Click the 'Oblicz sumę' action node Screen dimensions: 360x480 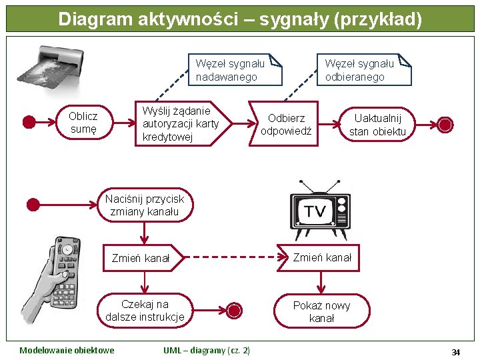click(83, 123)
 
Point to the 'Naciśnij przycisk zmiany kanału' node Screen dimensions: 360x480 click(144, 205)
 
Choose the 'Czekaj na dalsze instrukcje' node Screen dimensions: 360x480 click(145, 311)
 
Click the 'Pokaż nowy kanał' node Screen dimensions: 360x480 click(321, 311)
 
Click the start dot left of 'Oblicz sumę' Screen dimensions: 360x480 click(29, 123)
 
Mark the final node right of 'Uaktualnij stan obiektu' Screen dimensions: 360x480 click(445, 125)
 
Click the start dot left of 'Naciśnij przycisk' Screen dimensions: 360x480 click(32, 205)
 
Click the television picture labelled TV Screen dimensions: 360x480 click(319, 211)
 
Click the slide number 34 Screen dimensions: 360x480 click(456, 352)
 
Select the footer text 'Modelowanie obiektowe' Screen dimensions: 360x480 click(67, 351)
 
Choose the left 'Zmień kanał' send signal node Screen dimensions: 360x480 click(142, 258)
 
